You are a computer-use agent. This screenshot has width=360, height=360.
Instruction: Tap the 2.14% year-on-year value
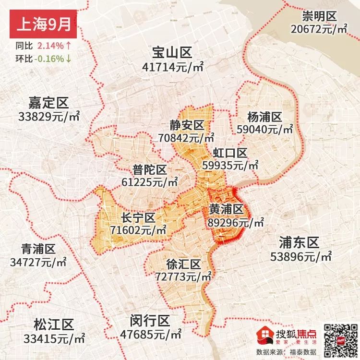click(50, 47)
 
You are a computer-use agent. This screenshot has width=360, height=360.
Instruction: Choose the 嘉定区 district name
click(48, 102)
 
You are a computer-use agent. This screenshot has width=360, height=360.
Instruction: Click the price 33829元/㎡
click(48, 117)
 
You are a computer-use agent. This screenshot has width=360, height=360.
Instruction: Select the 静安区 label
click(187, 125)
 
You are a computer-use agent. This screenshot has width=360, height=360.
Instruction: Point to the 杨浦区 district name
click(264, 117)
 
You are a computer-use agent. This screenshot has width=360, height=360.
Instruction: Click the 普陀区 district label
click(150, 169)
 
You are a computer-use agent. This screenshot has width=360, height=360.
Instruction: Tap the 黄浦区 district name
click(226, 210)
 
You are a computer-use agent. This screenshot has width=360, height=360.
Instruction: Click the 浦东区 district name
click(300, 242)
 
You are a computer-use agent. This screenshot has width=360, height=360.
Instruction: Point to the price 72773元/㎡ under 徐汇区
click(184, 277)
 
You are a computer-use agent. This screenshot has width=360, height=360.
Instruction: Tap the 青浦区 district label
click(38, 249)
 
